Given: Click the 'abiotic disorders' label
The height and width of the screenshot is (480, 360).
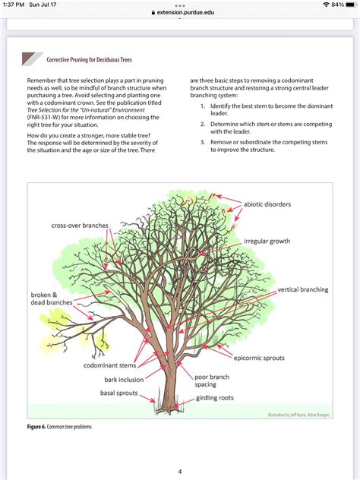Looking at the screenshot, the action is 267,204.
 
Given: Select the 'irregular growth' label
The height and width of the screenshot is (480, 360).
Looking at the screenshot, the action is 267,242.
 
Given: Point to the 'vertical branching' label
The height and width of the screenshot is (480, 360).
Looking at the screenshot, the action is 302,289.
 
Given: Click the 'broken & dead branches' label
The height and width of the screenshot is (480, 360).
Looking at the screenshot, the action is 51,298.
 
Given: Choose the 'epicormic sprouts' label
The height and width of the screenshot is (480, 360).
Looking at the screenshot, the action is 264,357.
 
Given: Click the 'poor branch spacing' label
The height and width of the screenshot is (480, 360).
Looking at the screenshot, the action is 216,380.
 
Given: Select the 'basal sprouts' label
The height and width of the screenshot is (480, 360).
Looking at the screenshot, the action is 118,393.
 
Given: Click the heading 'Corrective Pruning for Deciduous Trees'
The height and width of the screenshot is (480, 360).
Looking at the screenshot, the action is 89,59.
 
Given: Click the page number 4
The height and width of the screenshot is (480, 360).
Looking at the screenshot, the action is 180,471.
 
